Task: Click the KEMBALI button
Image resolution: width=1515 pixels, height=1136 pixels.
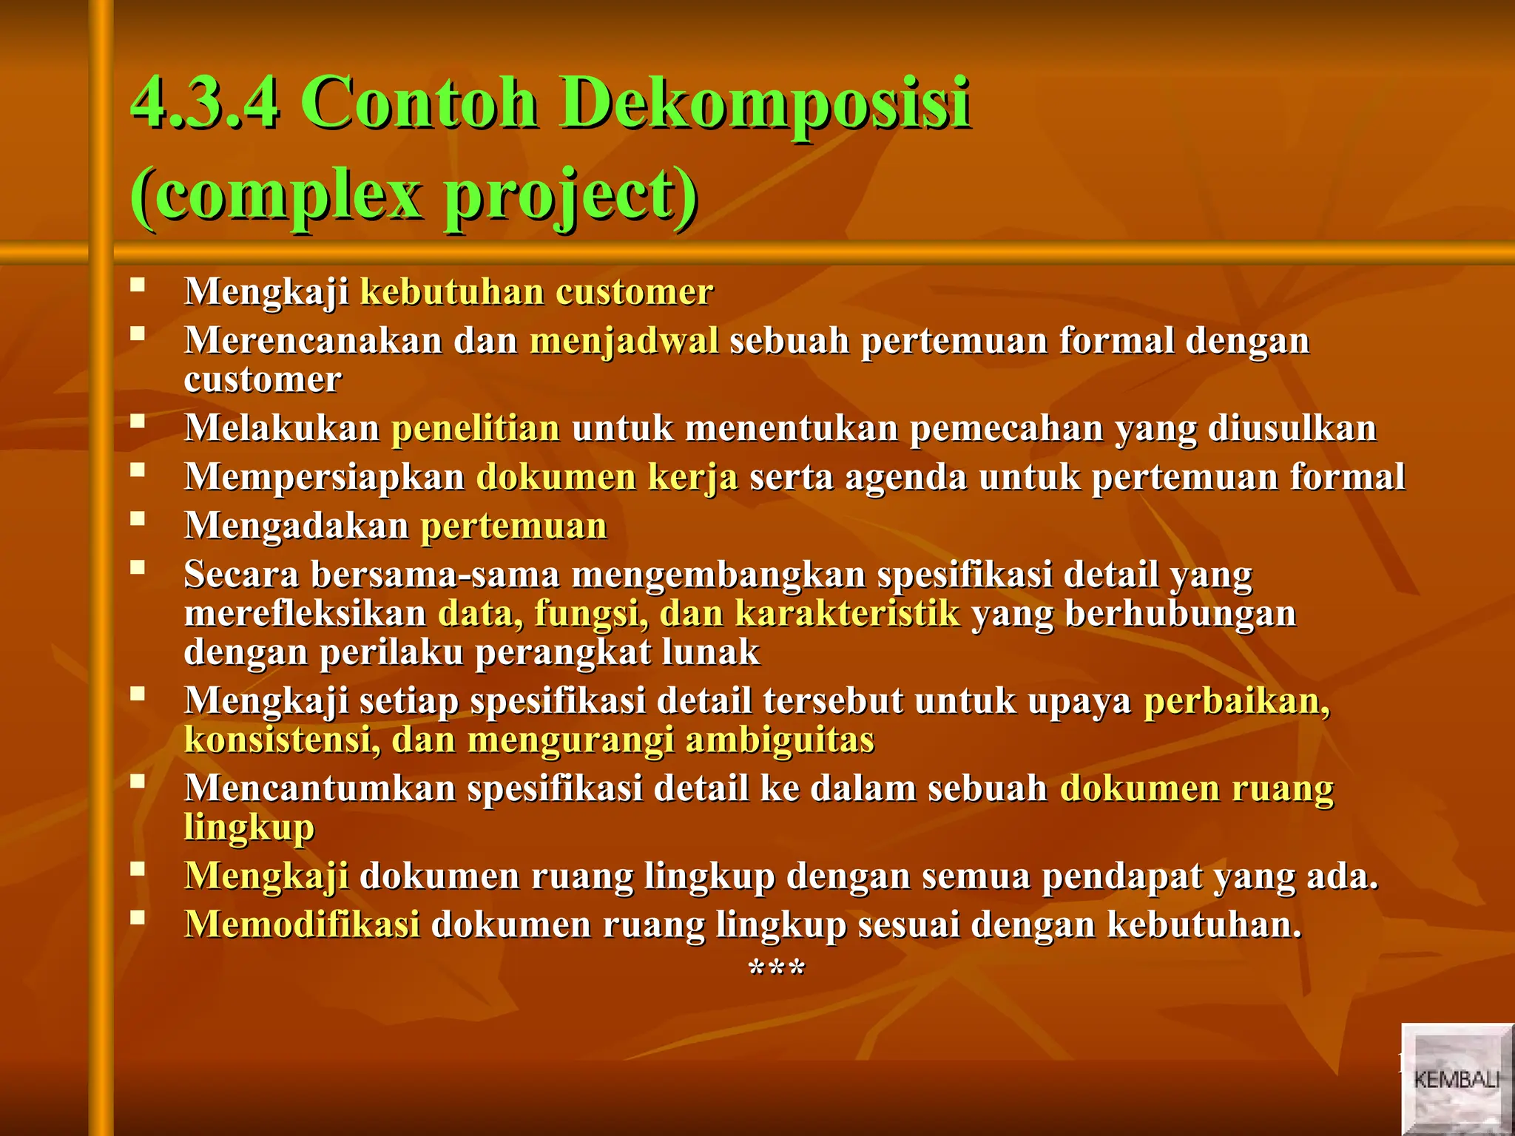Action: click(x=1456, y=1079)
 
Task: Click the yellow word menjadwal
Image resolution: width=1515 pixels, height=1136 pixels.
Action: click(x=624, y=341)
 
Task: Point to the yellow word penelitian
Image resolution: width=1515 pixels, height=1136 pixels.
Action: click(x=476, y=428)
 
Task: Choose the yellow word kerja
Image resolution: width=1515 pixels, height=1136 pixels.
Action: click(x=692, y=477)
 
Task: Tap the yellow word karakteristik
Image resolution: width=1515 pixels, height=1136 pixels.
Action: click(x=847, y=614)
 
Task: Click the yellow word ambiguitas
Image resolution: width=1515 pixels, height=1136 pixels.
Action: click(x=780, y=740)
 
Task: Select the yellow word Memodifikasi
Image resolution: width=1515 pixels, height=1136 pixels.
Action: click(x=302, y=924)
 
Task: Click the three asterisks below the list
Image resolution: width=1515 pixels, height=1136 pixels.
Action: click(x=776, y=968)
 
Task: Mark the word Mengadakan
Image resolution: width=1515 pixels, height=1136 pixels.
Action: click(x=296, y=526)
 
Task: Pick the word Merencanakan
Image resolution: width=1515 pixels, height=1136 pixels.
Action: click(x=313, y=341)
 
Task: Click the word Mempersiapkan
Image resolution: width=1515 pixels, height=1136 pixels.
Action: click(x=324, y=477)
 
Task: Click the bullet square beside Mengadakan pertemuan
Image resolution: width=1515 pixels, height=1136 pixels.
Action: click(x=137, y=518)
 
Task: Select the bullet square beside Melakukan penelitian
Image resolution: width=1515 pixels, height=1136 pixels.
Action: click(x=137, y=421)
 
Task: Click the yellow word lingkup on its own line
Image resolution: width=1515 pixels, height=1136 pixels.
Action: click(x=249, y=828)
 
